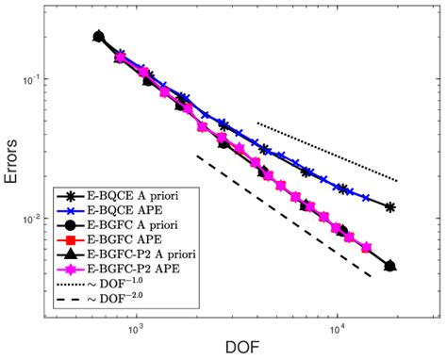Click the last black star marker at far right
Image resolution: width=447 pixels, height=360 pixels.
coord(389,207)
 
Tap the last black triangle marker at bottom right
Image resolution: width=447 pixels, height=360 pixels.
coord(389,266)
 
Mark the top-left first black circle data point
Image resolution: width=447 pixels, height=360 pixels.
coord(99,37)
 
